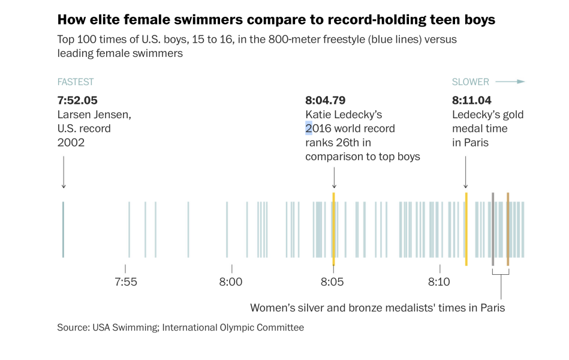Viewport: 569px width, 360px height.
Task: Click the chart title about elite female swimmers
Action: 276,20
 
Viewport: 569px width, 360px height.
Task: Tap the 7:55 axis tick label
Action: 125,282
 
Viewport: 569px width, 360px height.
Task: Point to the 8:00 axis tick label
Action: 231,282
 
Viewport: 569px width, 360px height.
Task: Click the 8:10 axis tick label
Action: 439,282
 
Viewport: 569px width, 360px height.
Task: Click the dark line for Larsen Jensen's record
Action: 63,229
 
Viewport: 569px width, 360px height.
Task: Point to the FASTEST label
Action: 76,82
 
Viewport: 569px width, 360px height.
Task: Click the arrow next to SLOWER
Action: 513,82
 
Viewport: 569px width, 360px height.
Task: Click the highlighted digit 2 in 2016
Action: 309,128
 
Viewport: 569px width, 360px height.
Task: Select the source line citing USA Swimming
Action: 180,328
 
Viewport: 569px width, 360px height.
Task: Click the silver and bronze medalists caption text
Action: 377,308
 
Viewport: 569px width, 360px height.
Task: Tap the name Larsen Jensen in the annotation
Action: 94,115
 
